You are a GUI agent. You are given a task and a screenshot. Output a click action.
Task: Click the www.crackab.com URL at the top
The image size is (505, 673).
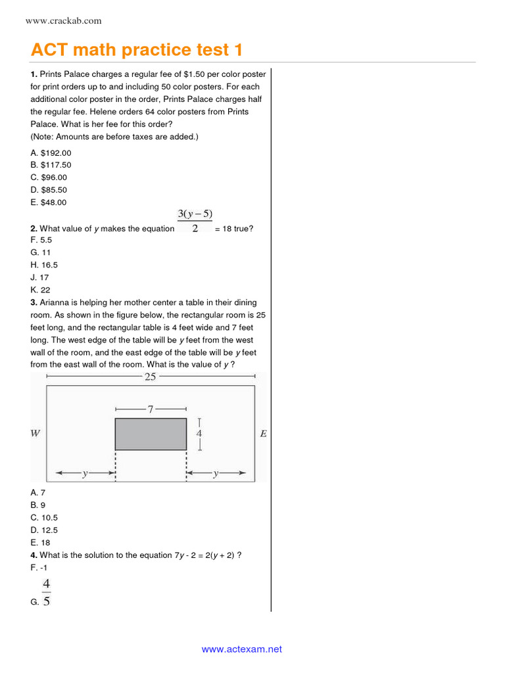click(x=63, y=21)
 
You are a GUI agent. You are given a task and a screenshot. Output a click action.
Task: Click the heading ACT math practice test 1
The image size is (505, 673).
click(x=141, y=50)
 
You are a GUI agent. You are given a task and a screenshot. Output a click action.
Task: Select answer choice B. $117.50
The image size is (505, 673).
click(x=51, y=165)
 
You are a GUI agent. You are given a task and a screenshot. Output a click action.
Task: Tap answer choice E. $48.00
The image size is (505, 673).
click(x=49, y=202)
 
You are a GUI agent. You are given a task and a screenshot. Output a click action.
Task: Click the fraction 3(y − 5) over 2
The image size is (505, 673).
click(x=195, y=221)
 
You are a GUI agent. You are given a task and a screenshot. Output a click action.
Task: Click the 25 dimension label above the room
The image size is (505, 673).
click(x=150, y=377)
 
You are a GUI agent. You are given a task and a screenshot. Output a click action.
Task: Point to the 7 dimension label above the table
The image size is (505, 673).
click(x=150, y=409)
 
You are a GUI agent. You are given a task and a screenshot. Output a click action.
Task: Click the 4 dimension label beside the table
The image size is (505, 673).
click(x=199, y=434)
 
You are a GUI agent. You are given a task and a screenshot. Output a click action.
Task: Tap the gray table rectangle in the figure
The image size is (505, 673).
click(x=151, y=434)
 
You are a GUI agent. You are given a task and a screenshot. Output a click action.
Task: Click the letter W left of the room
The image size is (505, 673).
click(x=36, y=434)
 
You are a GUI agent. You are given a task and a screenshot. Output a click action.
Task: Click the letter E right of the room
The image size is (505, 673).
click(x=263, y=434)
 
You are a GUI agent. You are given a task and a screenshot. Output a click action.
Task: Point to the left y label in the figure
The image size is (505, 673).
click(x=85, y=473)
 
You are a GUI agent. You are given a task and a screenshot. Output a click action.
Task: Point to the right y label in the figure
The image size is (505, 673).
click(x=216, y=473)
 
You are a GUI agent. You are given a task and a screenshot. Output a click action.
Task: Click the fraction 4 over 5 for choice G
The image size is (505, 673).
click(x=46, y=592)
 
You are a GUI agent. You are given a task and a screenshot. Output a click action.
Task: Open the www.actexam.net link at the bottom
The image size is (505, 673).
click(x=241, y=649)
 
